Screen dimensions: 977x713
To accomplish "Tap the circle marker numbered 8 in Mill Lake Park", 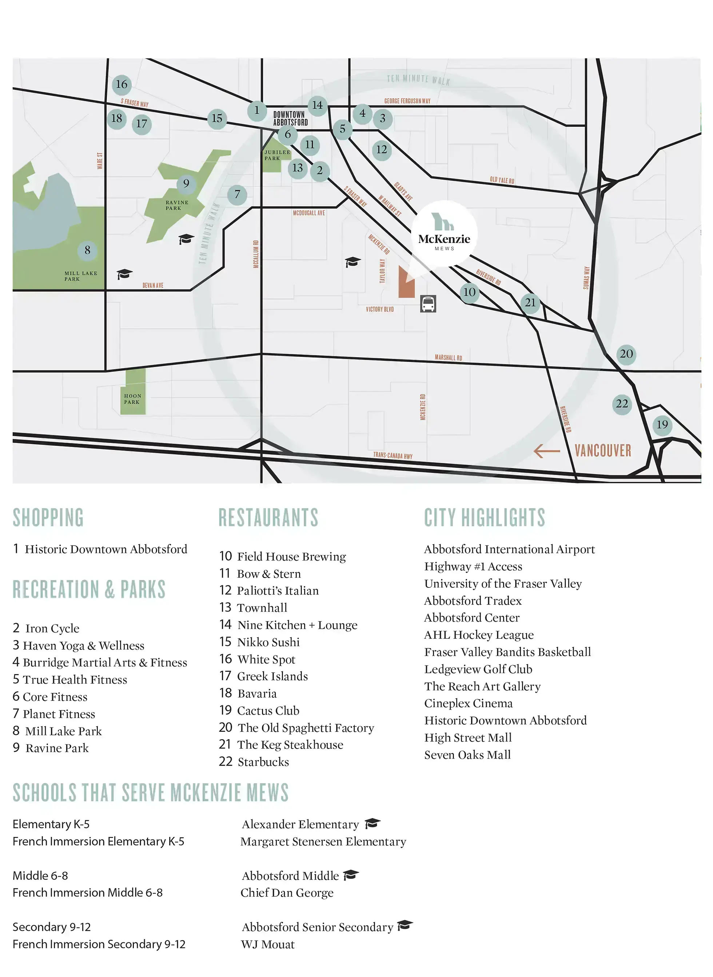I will [87, 250].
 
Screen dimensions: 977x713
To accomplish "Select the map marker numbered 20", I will [626, 354].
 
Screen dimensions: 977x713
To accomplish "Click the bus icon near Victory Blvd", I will [428, 304].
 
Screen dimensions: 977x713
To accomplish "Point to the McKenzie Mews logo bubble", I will [444, 234].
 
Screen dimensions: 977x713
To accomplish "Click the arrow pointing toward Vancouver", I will [546, 451].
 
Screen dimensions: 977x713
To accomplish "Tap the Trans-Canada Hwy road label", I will [393, 455].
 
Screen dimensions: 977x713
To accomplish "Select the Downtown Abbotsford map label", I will [290, 118].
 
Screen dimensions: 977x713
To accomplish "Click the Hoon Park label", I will [132, 399].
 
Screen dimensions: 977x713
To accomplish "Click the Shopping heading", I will [48, 518].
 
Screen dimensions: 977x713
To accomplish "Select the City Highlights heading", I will [484, 518].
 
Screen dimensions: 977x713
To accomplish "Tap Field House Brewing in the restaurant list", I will [291, 557].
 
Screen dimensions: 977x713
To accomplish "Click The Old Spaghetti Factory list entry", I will [306, 728].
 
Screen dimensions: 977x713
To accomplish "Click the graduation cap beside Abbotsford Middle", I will [351, 875].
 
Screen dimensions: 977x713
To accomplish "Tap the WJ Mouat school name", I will [268, 945].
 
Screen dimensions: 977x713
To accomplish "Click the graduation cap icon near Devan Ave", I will [124, 274].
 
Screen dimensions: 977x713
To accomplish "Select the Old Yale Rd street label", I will [502, 180].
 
